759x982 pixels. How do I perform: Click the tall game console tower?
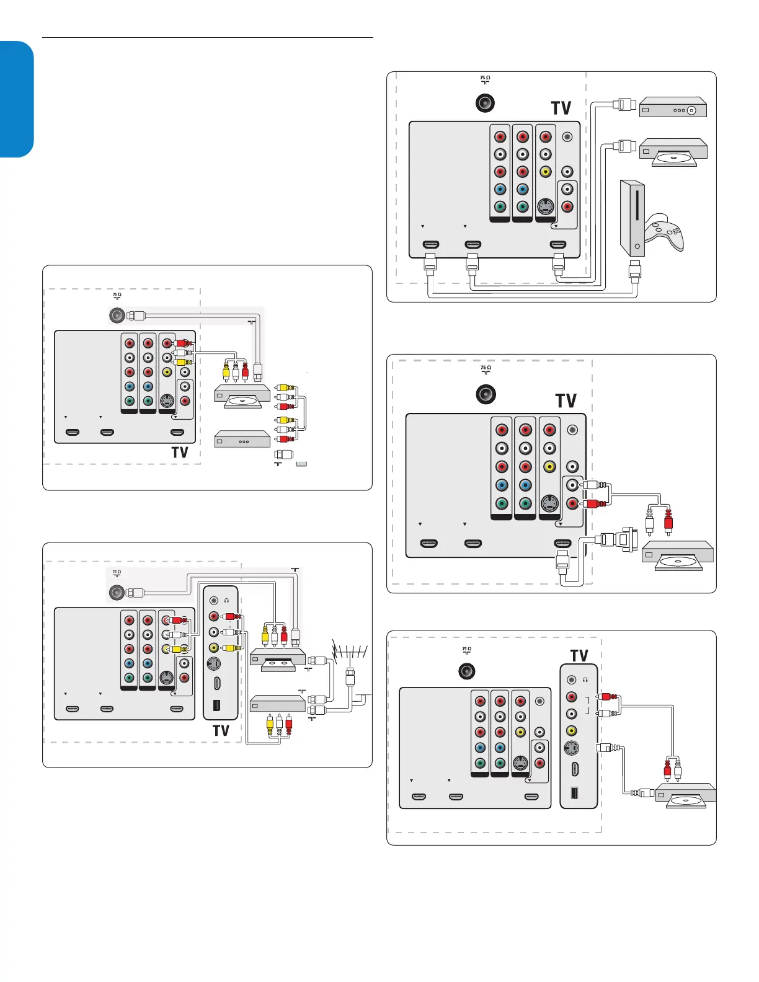coord(632,218)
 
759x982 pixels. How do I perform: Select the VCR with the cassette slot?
coord(278,660)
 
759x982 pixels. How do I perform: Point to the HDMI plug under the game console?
coord(634,270)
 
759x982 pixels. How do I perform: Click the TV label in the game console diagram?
coord(561,108)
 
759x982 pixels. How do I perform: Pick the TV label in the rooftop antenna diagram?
coord(221,731)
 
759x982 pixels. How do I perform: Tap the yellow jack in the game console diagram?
coord(546,172)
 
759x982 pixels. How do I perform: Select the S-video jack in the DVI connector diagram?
coord(549,503)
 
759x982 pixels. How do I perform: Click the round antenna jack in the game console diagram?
coord(485,103)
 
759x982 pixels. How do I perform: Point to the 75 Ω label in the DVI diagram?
coord(486,369)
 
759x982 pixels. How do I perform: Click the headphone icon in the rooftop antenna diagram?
coord(227,601)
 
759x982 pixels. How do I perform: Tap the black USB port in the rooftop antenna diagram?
coord(216,706)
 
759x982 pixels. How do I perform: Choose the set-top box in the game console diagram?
coord(673,107)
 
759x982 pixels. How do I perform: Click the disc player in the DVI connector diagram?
coord(677,555)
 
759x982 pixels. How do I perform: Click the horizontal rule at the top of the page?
coord(207,38)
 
